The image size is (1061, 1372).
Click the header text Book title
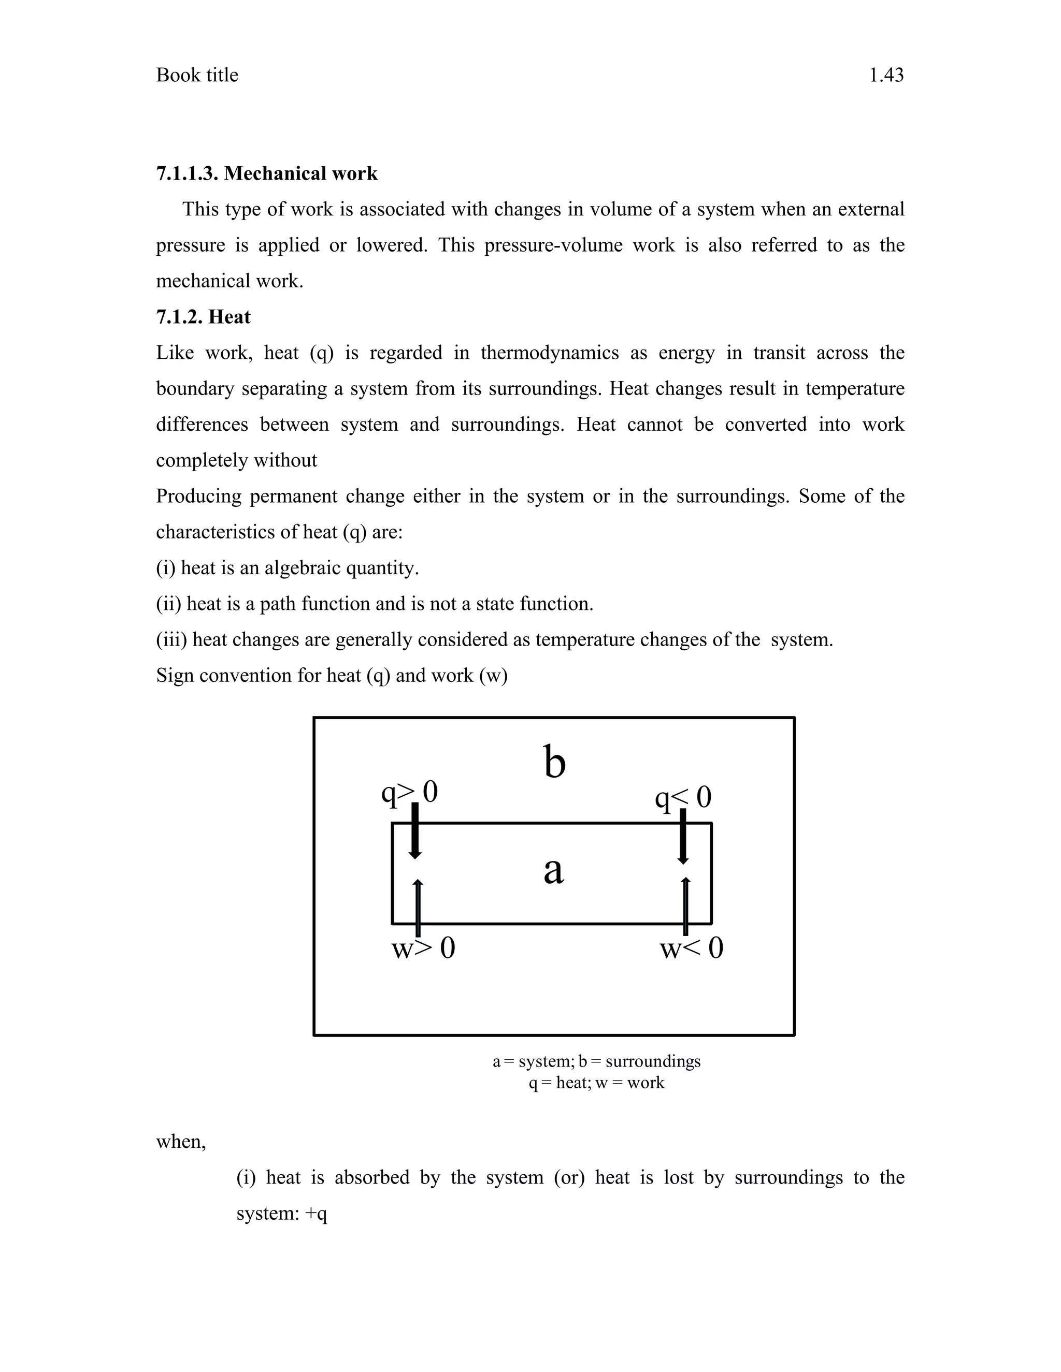click(x=197, y=76)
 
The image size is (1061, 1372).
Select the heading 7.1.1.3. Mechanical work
click(x=266, y=173)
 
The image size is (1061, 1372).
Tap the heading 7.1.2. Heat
click(x=203, y=317)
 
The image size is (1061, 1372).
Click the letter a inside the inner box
click(x=553, y=871)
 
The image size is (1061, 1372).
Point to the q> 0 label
click(x=409, y=792)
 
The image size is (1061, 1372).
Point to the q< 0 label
click(x=683, y=798)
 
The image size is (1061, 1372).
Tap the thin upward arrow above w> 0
click(x=418, y=908)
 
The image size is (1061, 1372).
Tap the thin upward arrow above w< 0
click(x=686, y=908)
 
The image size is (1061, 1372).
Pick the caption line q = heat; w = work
click(x=596, y=1083)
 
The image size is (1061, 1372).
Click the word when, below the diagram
click(x=181, y=1142)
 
